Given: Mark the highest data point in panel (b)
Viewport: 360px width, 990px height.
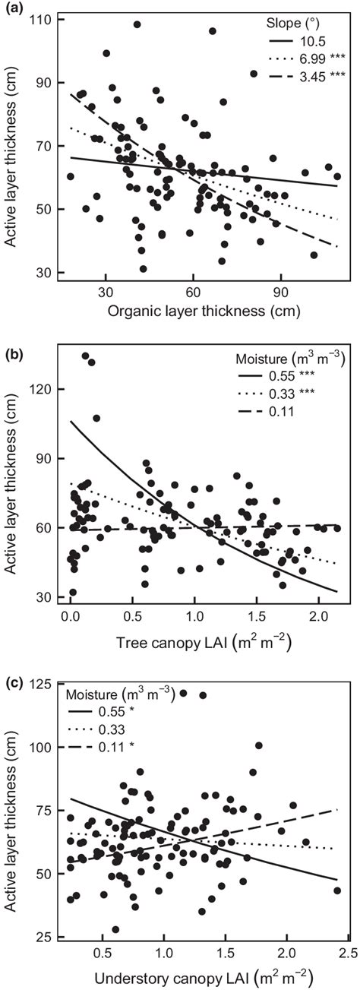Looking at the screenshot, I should point(86,356).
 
